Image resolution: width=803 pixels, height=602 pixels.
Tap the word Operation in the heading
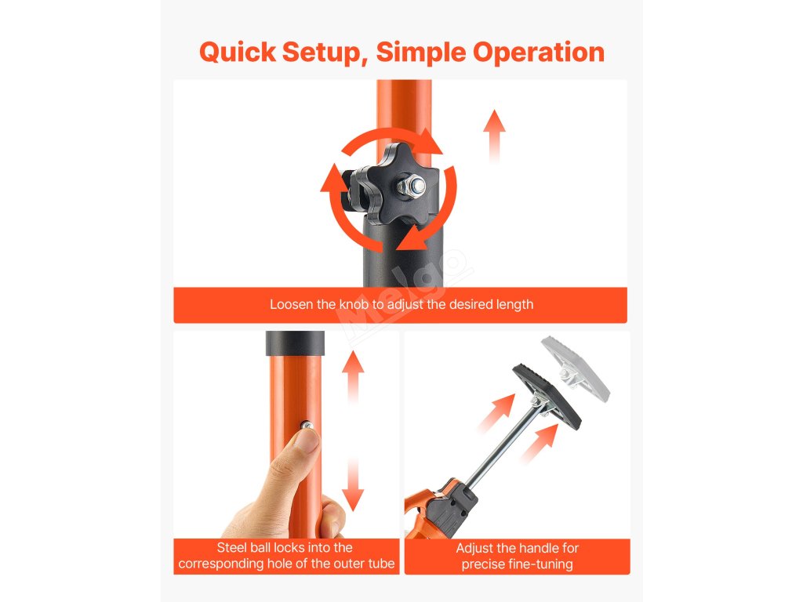[x=538, y=53]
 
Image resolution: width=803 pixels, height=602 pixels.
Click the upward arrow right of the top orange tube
[x=494, y=136]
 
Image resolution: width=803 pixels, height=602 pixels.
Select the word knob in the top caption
[x=354, y=305]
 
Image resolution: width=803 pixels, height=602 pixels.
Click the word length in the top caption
[x=516, y=305]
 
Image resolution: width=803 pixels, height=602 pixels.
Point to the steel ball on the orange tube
[x=306, y=424]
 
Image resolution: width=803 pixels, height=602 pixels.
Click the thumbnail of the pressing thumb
[x=308, y=441]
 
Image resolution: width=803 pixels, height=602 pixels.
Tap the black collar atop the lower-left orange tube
[x=295, y=343]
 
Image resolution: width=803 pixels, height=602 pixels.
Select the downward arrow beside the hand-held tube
[x=352, y=484]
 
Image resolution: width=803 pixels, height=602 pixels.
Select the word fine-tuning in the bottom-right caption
[x=543, y=564]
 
